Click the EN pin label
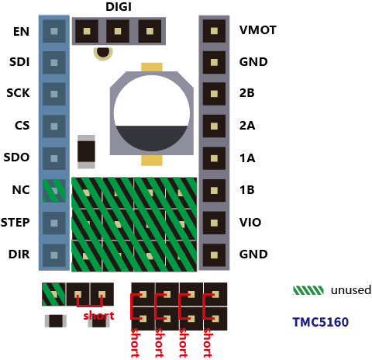pos(21,32)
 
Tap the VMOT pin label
pos(258,30)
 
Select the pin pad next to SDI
pos(54,63)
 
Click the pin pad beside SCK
pos(54,94)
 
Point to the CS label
pos(22,126)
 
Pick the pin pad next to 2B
pos(214,94)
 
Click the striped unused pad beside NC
pos(54,191)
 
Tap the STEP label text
pos(15,223)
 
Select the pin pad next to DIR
pos(54,255)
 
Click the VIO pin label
pos(250,223)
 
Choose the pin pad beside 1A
pos(214,158)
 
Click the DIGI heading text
pos(119,7)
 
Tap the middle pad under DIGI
pos(118,31)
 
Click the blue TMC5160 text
pos(321,322)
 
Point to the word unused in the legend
pos(351,290)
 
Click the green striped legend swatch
pos(308,290)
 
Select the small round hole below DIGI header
pos(103,53)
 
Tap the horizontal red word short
pos(98,316)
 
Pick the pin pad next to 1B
pos(214,191)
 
